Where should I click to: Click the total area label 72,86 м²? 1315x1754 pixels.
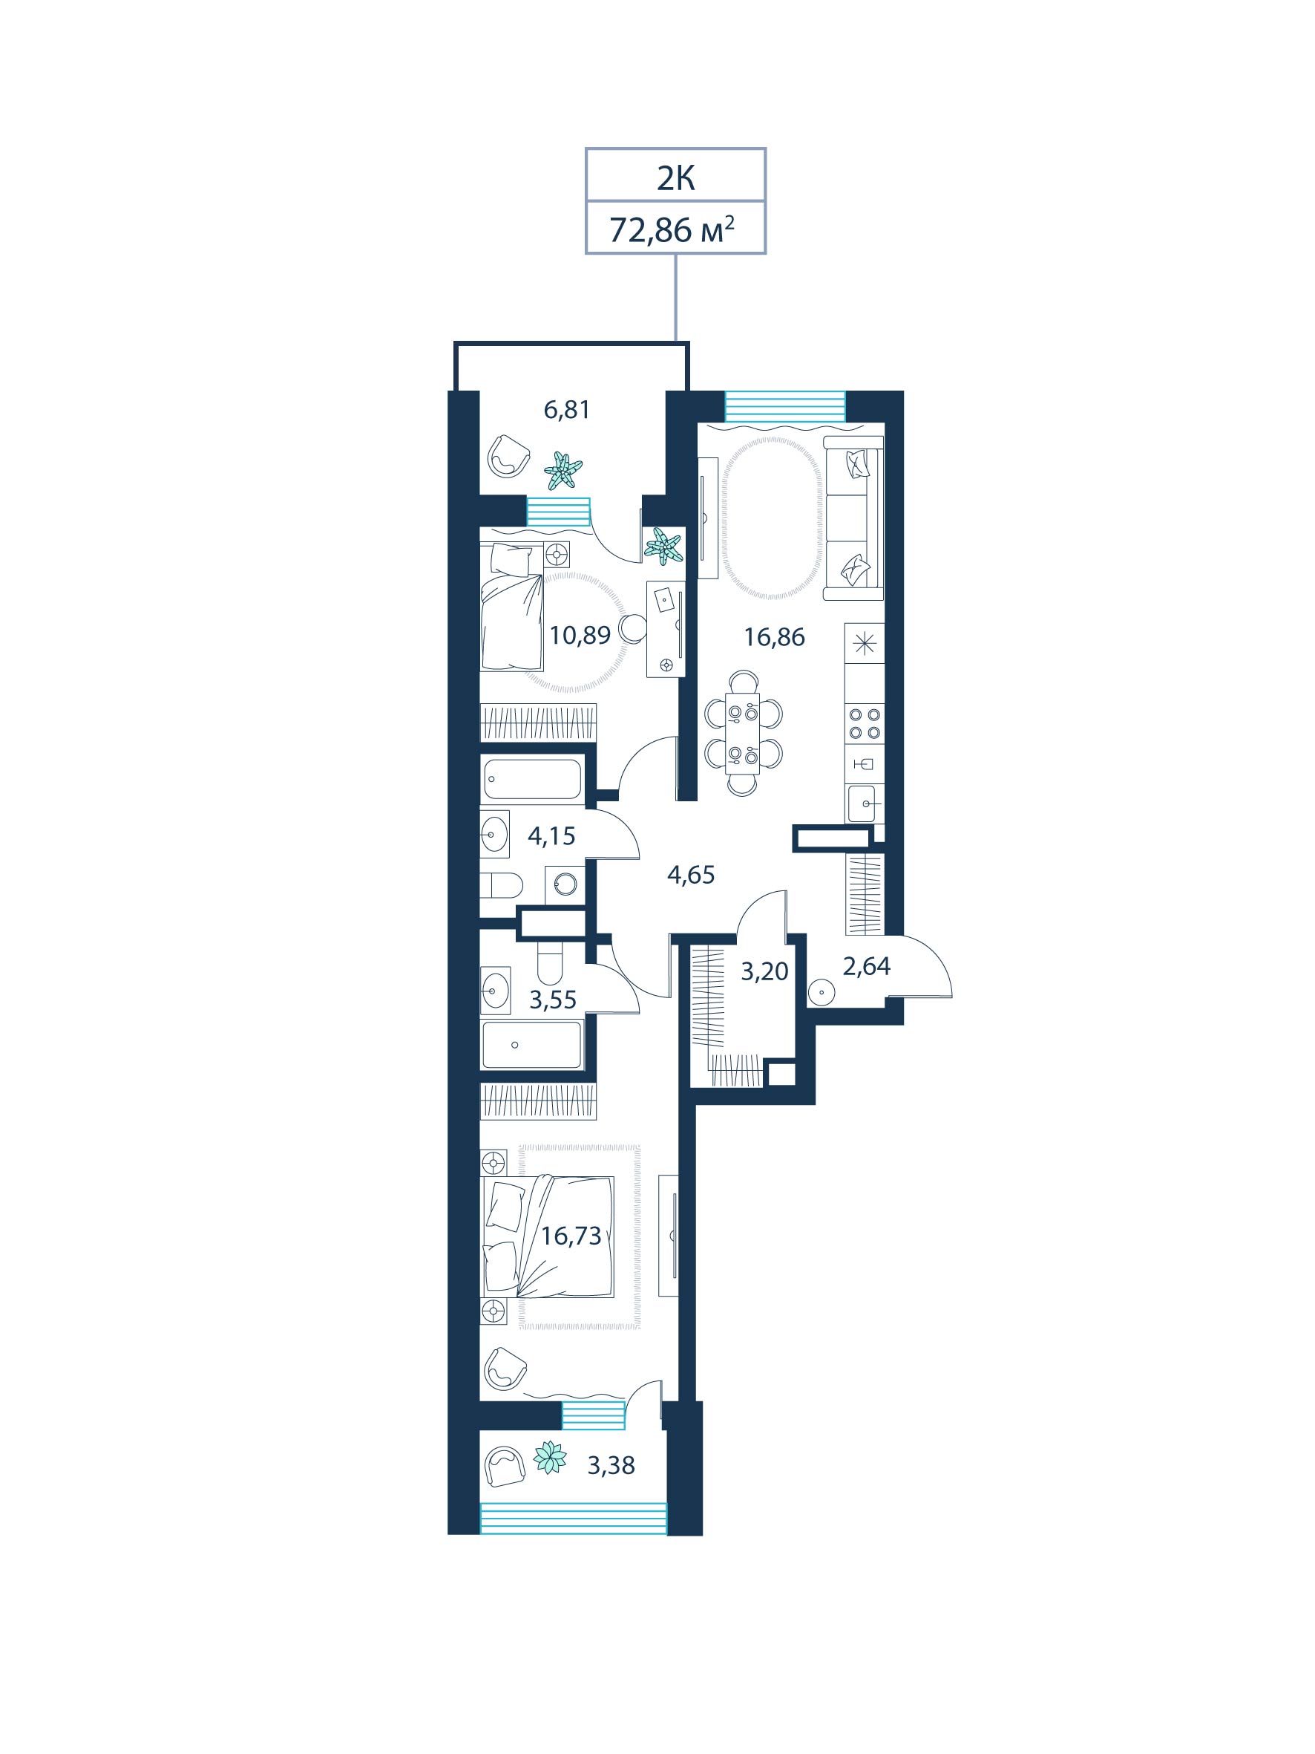click(x=672, y=229)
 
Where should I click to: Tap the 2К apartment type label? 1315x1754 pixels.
click(x=675, y=179)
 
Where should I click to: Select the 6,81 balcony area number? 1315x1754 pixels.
click(x=567, y=410)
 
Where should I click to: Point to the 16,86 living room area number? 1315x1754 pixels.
click(x=775, y=636)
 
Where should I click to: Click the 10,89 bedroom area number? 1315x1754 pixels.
click(x=580, y=635)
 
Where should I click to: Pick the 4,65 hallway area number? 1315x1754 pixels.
click(x=691, y=875)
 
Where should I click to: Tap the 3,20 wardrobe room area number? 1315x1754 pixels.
click(x=765, y=971)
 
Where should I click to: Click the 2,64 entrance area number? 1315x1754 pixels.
click(x=866, y=966)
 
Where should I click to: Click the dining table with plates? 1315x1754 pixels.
click(x=743, y=733)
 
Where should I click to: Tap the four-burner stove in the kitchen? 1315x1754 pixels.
click(x=865, y=723)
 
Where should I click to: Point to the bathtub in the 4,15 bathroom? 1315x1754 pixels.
click(x=531, y=779)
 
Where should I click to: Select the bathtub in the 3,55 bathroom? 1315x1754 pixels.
click(x=531, y=1044)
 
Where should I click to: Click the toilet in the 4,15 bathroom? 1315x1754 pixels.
click(x=502, y=884)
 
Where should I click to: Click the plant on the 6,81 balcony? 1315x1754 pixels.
click(x=563, y=470)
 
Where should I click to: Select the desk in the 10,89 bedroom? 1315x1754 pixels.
click(x=666, y=629)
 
